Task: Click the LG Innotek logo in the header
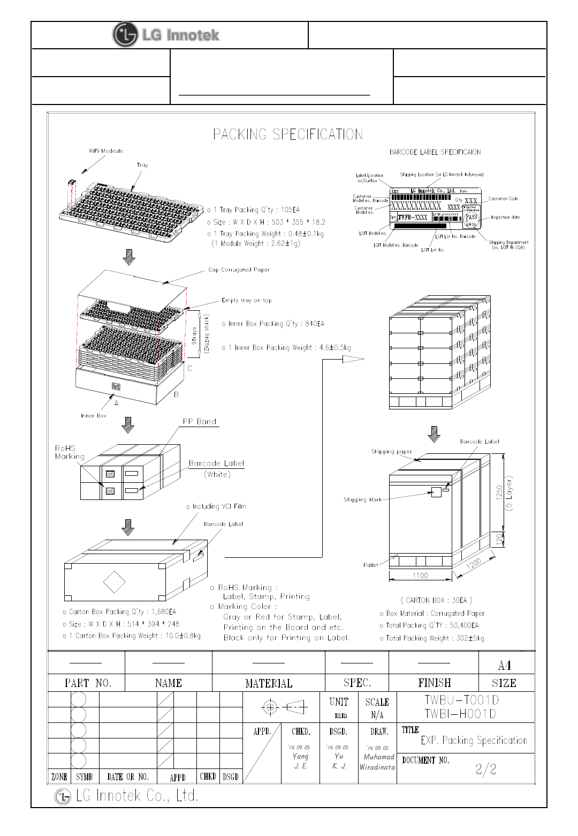[x=166, y=35]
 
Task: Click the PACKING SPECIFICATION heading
[x=288, y=134]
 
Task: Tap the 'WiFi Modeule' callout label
[x=105, y=151]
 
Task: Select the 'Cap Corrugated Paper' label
[x=239, y=270]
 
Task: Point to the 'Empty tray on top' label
[x=246, y=300]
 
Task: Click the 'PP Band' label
[x=200, y=422]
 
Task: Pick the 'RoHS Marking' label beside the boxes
[x=69, y=452]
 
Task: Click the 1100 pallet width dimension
[x=420, y=576]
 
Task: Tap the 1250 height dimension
[x=499, y=492]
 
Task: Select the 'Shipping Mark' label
[x=362, y=499]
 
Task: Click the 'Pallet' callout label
[x=370, y=565]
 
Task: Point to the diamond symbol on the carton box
[x=114, y=582]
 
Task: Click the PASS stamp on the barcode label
[x=471, y=217]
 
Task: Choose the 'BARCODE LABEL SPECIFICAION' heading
[x=435, y=152]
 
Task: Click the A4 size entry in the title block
[x=504, y=665]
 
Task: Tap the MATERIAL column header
[x=269, y=683]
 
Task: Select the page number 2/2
[x=486, y=770]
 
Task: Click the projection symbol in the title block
[x=284, y=707]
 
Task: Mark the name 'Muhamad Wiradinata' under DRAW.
[x=378, y=762]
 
